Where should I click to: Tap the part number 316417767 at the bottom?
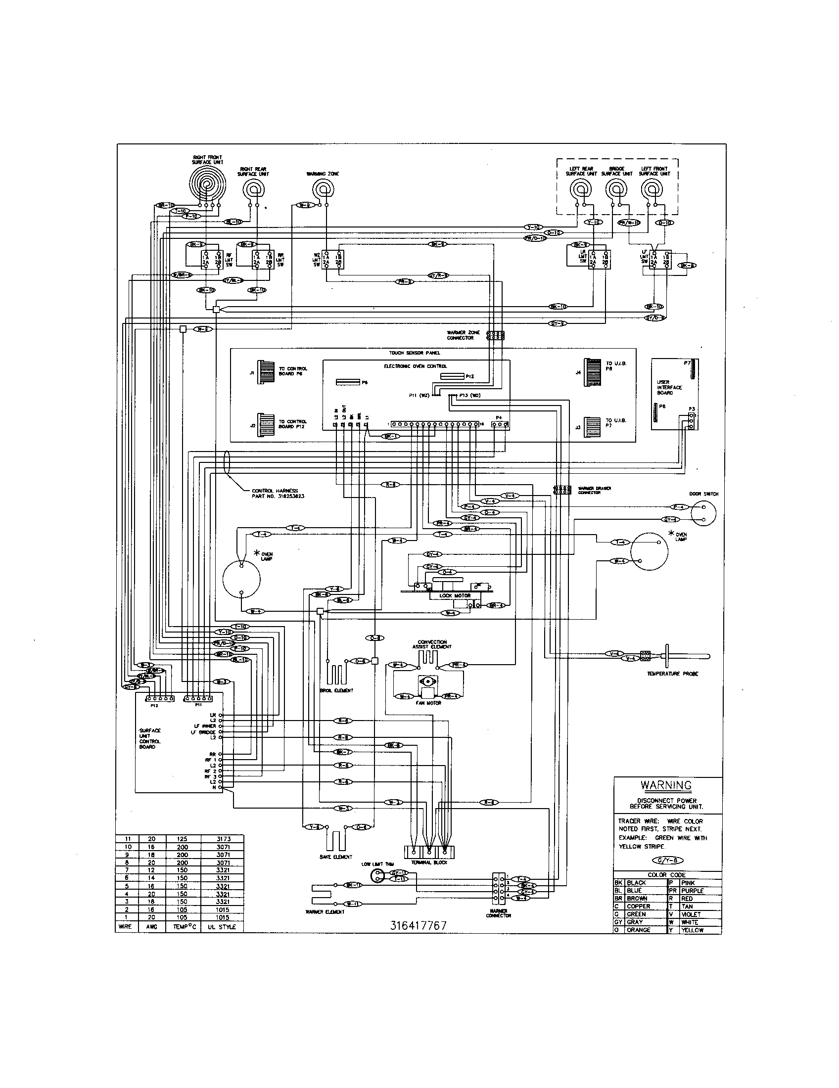[418, 925]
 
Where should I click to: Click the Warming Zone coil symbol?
[323, 189]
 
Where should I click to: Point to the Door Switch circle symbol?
[703, 514]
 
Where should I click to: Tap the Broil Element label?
[336, 690]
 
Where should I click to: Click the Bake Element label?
[336, 857]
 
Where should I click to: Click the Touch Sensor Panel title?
[415, 353]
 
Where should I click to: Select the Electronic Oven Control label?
[416, 366]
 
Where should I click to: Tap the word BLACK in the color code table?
[637, 882]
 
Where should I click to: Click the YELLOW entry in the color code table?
[692, 930]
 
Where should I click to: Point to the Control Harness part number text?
[278, 496]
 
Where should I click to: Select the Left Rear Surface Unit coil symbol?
[580, 189]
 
